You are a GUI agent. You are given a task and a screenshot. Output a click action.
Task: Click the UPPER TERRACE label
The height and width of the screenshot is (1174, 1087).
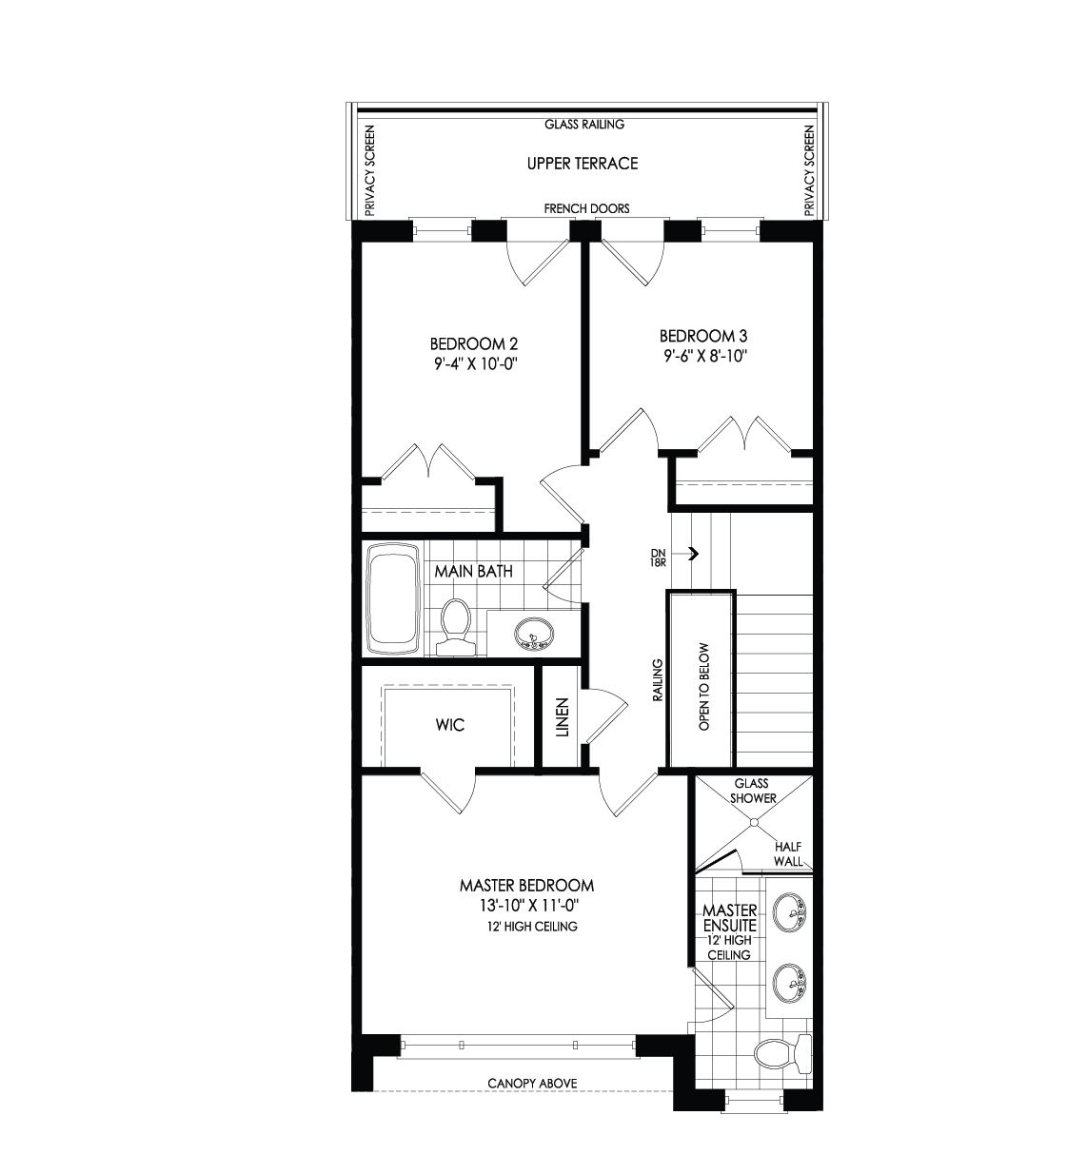click(x=583, y=164)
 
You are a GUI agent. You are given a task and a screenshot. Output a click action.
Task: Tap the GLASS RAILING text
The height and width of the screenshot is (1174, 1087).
click(x=583, y=125)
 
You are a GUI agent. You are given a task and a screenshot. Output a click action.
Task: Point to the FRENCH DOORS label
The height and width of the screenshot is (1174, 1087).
click(x=586, y=208)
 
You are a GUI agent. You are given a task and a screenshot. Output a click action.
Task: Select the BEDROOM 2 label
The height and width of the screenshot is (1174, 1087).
click(x=474, y=343)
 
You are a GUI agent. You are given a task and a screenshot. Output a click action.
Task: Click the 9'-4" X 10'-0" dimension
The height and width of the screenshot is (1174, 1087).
click(x=474, y=363)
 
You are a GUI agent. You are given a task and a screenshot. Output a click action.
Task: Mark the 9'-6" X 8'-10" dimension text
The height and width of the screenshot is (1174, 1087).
click(x=703, y=356)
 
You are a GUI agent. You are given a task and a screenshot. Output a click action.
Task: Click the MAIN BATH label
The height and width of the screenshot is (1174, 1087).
click(x=474, y=572)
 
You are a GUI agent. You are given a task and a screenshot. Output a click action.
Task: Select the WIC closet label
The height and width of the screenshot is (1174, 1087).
click(x=450, y=725)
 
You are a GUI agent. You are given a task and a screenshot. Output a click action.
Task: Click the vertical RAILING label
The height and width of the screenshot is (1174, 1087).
click(x=657, y=679)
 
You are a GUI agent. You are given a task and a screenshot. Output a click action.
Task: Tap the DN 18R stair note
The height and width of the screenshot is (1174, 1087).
click(x=657, y=558)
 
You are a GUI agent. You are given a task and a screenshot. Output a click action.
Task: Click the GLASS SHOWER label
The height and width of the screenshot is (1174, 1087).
click(x=752, y=792)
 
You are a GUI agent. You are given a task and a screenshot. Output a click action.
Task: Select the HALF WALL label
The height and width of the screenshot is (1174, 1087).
click(x=789, y=854)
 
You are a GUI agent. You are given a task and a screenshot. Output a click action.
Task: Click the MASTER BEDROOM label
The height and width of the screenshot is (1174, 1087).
click(x=526, y=885)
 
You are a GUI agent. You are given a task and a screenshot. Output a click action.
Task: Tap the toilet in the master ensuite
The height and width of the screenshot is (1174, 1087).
click(x=782, y=1054)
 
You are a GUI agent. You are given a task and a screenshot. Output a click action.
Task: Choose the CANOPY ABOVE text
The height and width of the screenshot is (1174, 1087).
click(x=532, y=1084)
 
